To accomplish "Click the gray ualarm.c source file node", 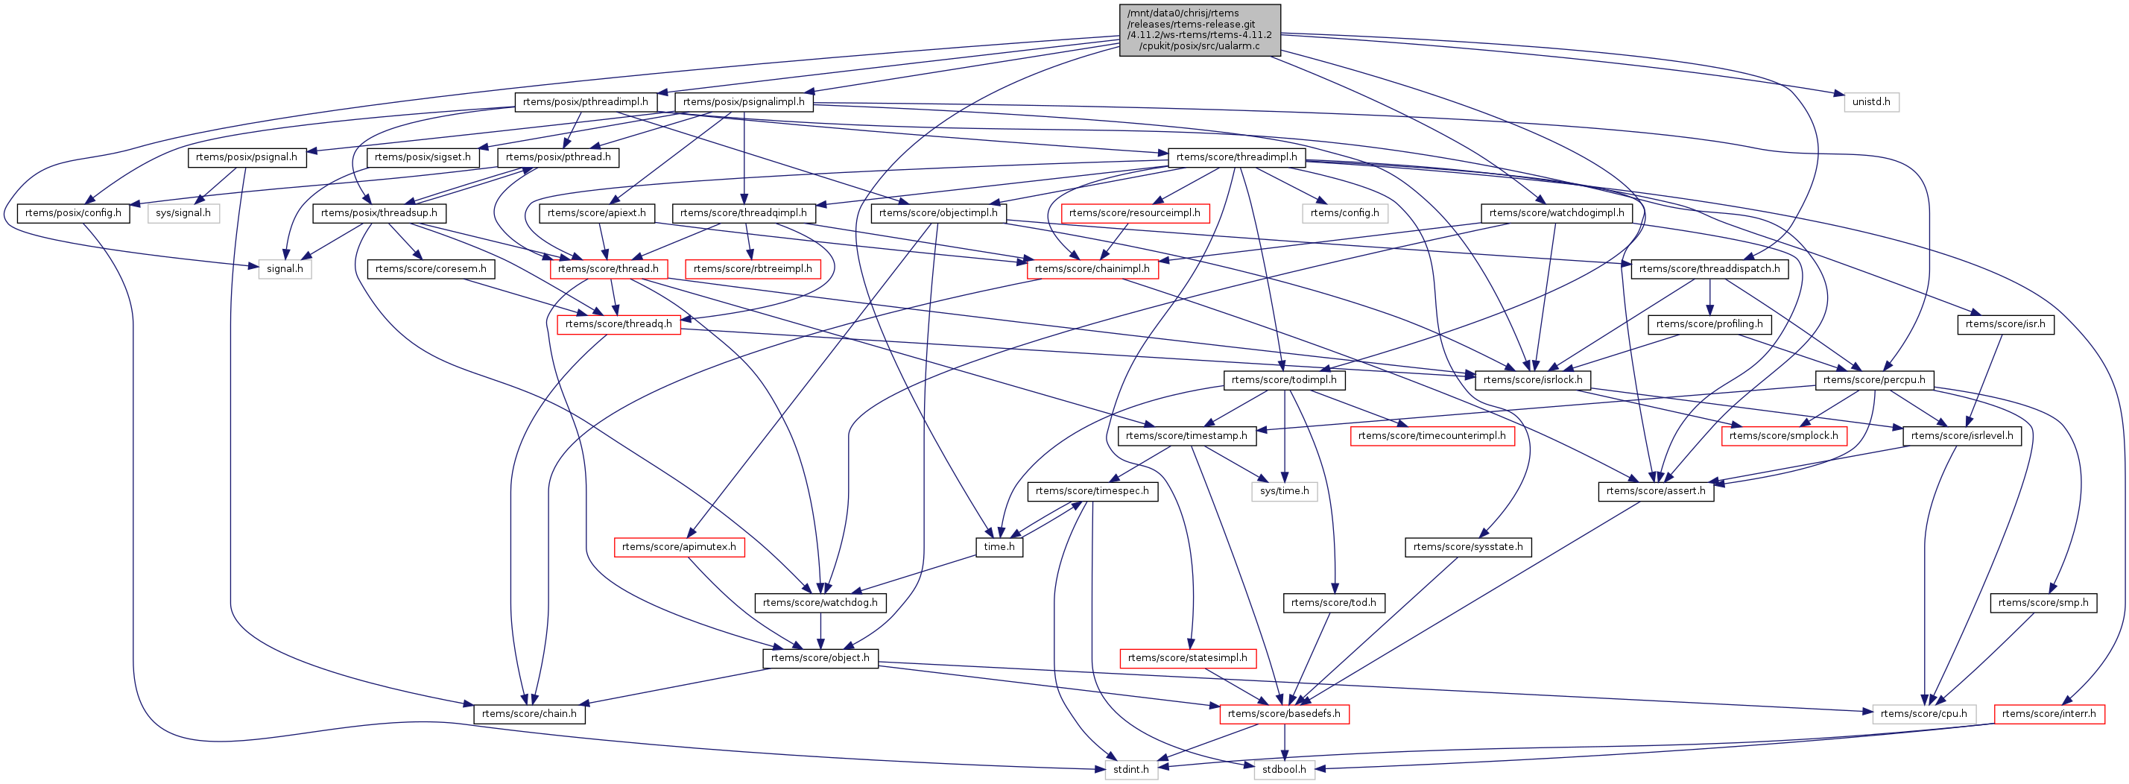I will point(1199,30).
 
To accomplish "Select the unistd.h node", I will point(1871,101).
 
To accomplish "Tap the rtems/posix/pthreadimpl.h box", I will point(585,101).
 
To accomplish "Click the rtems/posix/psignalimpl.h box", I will point(744,101).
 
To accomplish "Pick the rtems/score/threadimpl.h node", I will point(1236,157).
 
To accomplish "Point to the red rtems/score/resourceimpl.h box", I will point(1134,213).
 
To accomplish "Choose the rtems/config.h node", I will point(1344,213).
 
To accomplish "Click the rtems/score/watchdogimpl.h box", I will point(1555,213).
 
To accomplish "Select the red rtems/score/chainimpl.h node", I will point(1092,268).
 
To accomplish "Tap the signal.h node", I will point(285,268).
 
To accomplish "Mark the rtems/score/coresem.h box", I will point(431,268).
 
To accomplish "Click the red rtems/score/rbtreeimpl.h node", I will point(752,268).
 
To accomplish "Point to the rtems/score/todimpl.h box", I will point(1283,380).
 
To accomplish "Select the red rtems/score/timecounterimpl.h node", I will point(1432,435).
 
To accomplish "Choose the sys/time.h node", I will point(1283,490).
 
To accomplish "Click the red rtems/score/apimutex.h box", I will point(679,547).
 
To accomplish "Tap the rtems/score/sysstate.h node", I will point(1467,547).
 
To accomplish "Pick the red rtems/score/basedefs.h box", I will point(1283,714).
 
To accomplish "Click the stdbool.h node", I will point(1283,769).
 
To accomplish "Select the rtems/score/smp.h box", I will point(2043,602).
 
